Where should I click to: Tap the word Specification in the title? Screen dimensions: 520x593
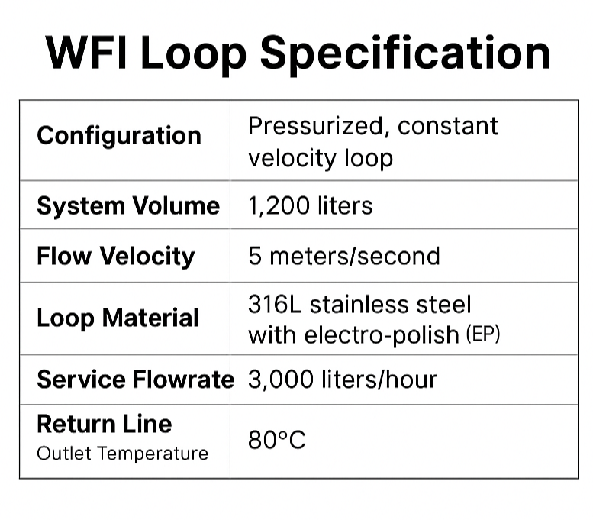pos(405,53)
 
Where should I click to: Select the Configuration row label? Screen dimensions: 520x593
pos(119,136)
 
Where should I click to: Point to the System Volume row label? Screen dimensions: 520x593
pos(127,206)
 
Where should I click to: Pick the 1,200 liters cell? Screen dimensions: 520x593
pos(310,206)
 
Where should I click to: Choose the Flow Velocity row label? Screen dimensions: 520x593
pos(115,256)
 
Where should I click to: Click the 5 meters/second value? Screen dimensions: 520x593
pos(343,256)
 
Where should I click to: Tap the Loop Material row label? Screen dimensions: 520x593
pos(118,318)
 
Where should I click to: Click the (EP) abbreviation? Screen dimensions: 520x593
pos(482,335)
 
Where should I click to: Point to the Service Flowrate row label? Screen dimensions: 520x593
pos(134,380)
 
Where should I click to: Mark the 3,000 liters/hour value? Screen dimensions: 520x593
pos(342,380)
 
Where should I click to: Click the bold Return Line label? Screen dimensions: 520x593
pos(104,424)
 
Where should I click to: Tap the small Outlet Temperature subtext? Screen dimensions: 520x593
pos(122,454)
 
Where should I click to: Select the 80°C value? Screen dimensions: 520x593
pos(276,441)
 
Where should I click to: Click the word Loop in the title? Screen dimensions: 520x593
pos(207,53)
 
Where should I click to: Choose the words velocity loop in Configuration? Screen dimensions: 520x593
pos(320,158)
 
